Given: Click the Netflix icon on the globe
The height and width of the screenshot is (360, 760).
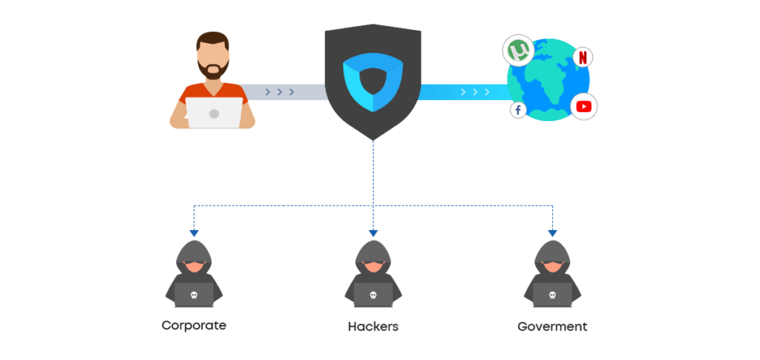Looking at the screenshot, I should click(583, 57).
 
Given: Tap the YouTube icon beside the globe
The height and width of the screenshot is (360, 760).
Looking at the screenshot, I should click(583, 107).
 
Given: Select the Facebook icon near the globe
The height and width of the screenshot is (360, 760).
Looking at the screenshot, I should click(517, 110).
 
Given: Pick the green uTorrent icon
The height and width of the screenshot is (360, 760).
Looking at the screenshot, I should click(518, 51).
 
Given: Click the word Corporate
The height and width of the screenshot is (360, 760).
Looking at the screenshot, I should click(194, 325).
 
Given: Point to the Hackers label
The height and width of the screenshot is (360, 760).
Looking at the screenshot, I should click(373, 327).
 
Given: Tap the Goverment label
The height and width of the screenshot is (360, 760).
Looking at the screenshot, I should click(552, 327).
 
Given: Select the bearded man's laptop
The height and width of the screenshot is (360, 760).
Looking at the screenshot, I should click(214, 113).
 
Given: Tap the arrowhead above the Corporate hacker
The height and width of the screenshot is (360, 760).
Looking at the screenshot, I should click(194, 233).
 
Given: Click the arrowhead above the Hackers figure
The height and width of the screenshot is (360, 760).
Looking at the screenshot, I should click(373, 233).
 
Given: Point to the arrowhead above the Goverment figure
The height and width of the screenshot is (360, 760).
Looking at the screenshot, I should click(553, 233).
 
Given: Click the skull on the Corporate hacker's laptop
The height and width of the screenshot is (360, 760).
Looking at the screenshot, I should click(194, 295).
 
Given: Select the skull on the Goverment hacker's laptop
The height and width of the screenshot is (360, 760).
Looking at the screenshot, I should click(553, 295).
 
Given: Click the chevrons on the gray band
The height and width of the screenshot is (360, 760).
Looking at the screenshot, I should click(280, 92).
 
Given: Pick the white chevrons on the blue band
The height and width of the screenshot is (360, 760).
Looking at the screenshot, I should click(474, 92).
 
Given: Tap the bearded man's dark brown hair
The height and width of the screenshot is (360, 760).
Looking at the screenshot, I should click(213, 39).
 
